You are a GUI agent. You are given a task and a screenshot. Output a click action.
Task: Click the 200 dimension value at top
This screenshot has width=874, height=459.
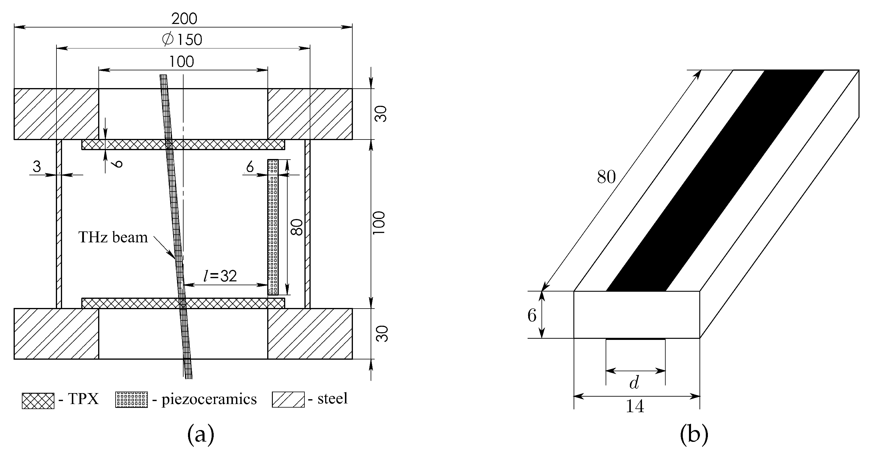[184, 19]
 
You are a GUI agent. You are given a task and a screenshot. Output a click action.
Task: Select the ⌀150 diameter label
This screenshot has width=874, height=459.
[182, 40]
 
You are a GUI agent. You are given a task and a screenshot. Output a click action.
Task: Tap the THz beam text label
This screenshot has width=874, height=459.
[113, 237]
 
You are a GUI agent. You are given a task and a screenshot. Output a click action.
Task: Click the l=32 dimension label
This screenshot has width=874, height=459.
[220, 276]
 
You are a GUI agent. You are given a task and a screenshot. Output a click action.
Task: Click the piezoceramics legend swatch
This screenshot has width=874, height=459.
[132, 400]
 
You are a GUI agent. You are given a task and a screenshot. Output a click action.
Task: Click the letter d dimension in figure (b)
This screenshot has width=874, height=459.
[634, 383]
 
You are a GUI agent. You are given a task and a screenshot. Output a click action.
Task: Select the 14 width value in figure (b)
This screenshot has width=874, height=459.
[635, 406]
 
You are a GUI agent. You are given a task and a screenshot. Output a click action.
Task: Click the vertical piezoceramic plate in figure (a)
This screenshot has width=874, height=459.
[273, 227]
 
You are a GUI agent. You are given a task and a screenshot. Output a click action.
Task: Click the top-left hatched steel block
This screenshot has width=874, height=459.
[56, 114]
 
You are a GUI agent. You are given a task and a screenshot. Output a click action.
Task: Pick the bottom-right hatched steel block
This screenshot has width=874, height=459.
[310, 334]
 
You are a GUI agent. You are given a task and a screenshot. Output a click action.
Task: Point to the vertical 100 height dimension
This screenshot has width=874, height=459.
[379, 223]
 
